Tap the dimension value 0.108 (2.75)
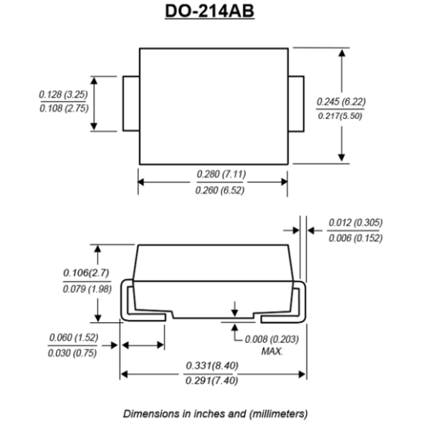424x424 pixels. (x=64, y=109)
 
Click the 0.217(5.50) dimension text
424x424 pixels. (x=340, y=116)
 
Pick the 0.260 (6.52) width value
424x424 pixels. (x=214, y=190)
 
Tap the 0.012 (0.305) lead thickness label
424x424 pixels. (x=355, y=224)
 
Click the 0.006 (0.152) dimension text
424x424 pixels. (x=355, y=238)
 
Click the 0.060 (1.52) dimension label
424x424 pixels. (x=72, y=338)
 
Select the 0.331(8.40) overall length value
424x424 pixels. (x=212, y=365)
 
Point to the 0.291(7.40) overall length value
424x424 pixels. (x=212, y=381)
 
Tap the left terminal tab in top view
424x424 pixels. (x=131, y=104)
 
